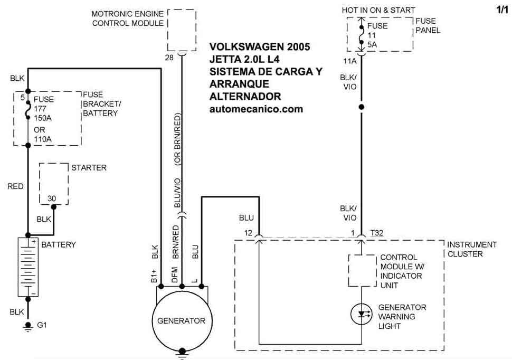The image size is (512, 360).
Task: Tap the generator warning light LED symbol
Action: pyautogui.click(x=362, y=314)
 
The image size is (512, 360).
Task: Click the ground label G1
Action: pyautogui.click(x=42, y=325)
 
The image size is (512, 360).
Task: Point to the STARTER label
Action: pyautogui.click(x=89, y=168)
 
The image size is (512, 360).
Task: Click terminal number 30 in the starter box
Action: pyautogui.click(x=52, y=198)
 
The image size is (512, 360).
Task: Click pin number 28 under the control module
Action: pyautogui.click(x=169, y=58)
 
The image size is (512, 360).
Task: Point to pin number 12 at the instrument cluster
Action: pyautogui.click(x=248, y=232)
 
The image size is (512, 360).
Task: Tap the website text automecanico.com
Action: pyautogui.click(x=257, y=109)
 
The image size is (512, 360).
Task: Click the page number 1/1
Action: pyautogui.click(x=502, y=10)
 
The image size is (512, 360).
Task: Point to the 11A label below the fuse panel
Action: pyautogui.click(x=349, y=61)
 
